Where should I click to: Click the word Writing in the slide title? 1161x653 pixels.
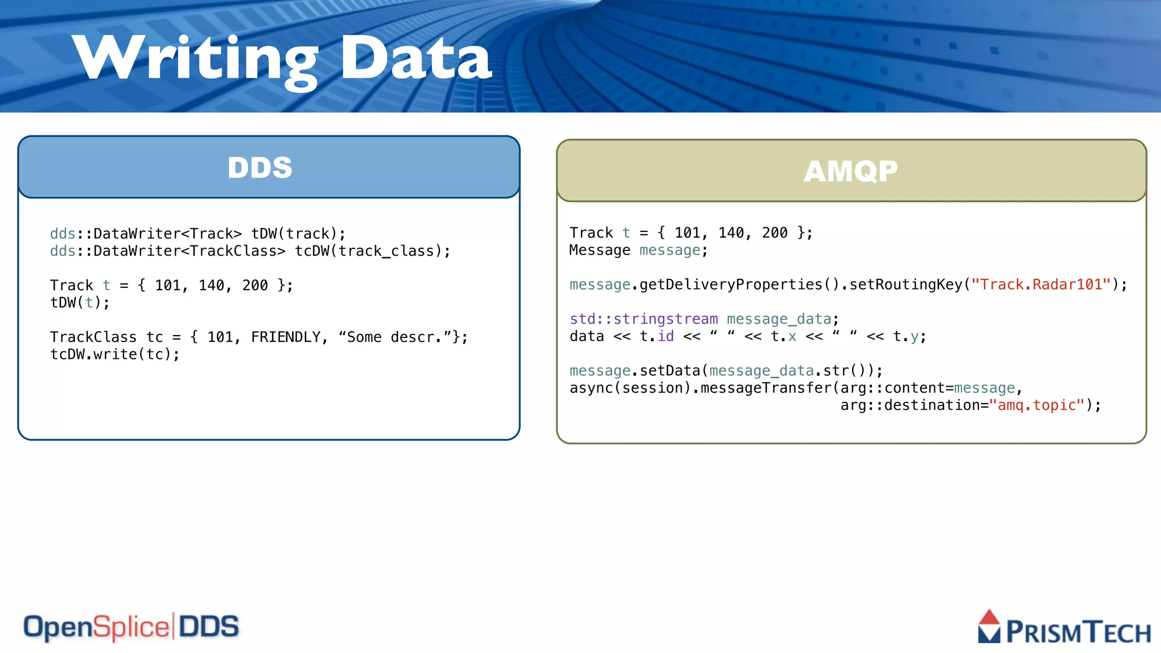pyautogui.click(x=196, y=58)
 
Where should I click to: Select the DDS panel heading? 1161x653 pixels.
pyautogui.click(x=260, y=168)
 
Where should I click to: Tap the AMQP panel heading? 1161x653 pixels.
pyautogui.click(x=851, y=171)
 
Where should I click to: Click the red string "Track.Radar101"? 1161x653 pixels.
pyautogui.click(x=1041, y=285)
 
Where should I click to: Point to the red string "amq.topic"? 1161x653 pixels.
pyautogui.click(x=1037, y=405)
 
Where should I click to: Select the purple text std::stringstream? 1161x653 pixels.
pyautogui.click(x=643, y=319)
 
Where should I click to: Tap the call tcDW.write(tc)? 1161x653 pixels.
pyautogui.click(x=115, y=355)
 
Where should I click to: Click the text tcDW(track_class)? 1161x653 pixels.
pyautogui.click(x=372, y=251)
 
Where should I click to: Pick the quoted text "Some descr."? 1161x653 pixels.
pyautogui.click(x=395, y=337)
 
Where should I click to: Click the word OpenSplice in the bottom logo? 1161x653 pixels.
pyautogui.click(x=96, y=627)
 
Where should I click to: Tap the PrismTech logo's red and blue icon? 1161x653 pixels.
pyautogui.click(x=989, y=626)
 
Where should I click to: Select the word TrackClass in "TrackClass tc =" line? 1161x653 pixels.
pyautogui.click(x=93, y=337)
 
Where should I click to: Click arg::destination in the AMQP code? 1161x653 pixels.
pyautogui.click(x=914, y=405)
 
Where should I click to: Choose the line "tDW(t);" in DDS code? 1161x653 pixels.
pyautogui.click(x=80, y=303)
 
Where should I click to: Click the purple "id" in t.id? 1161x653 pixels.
pyautogui.click(x=666, y=337)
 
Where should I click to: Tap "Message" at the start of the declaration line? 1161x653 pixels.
pyautogui.click(x=600, y=251)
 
